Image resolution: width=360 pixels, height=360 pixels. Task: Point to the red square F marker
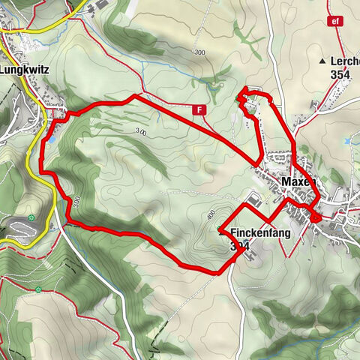click(199, 109)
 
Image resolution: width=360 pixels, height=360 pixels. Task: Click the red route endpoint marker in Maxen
click(317, 218)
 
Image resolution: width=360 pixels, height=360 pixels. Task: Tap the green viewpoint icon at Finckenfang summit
click(220, 229)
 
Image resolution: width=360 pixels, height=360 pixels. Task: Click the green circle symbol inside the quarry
click(31, 219)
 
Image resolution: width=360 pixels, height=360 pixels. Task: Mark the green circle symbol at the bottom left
click(37, 289)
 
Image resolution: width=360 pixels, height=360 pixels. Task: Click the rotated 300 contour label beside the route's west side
click(77, 202)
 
